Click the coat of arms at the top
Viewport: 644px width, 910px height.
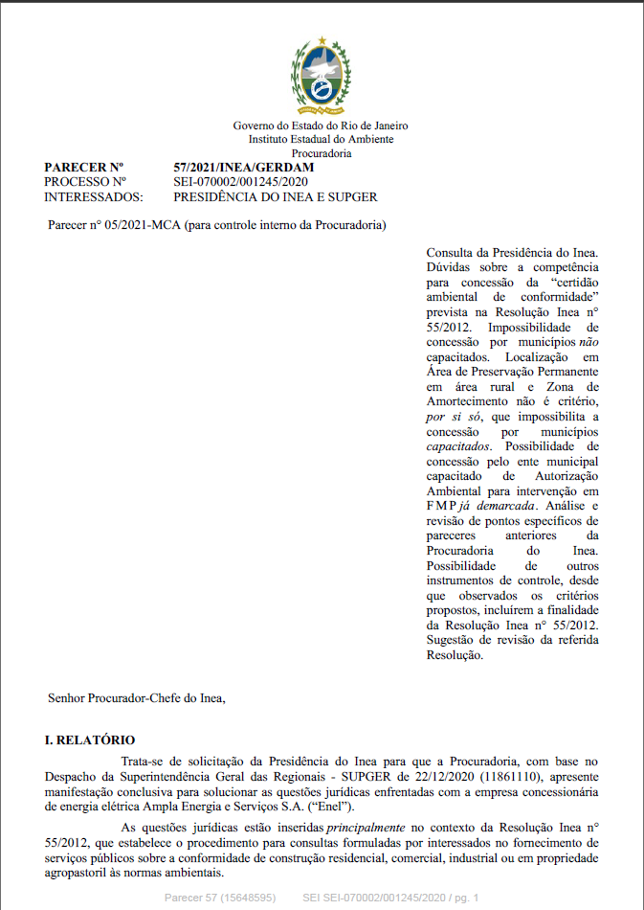[322, 75]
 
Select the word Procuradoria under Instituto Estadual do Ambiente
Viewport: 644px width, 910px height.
[322, 153]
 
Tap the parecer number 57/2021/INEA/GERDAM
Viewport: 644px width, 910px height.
[244, 168]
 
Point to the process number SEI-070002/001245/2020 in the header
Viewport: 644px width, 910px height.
[240, 182]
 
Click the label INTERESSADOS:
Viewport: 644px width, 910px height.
[94, 197]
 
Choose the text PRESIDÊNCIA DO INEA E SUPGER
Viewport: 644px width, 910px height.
[276, 197]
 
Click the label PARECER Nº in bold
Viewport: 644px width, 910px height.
[85, 168]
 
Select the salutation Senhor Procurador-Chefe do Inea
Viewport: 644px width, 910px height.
[137, 697]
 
